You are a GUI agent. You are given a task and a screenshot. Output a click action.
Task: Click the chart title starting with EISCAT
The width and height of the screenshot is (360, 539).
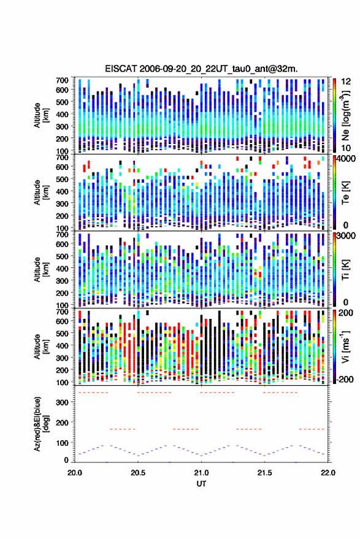(x=201, y=69)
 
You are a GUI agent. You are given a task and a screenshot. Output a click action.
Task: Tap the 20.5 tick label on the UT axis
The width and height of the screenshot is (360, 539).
(x=138, y=473)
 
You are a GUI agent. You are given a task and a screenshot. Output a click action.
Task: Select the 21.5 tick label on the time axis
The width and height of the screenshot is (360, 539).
(x=264, y=473)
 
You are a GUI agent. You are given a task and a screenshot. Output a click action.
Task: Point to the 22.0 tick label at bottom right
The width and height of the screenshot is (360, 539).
(x=327, y=473)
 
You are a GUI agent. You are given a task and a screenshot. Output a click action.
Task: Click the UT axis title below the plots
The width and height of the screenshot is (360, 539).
(x=201, y=484)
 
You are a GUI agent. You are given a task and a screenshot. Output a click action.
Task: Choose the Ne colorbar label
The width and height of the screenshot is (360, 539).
(x=345, y=116)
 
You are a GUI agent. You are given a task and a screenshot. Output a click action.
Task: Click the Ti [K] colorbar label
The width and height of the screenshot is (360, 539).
(x=345, y=270)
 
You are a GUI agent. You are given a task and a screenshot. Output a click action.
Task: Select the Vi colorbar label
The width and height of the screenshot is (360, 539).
(x=345, y=346)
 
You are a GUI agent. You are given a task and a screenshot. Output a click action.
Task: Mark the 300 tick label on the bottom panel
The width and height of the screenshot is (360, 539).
(x=62, y=402)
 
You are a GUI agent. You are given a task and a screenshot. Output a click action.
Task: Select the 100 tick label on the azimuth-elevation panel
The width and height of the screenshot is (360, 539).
(x=62, y=443)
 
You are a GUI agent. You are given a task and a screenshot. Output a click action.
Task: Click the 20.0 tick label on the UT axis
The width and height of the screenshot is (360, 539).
(x=75, y=473)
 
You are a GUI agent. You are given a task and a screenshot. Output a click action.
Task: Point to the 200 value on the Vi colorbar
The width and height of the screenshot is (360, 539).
(x=345, y=313)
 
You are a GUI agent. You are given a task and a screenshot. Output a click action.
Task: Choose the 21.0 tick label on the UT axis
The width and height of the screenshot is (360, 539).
(x=201, y=473)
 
